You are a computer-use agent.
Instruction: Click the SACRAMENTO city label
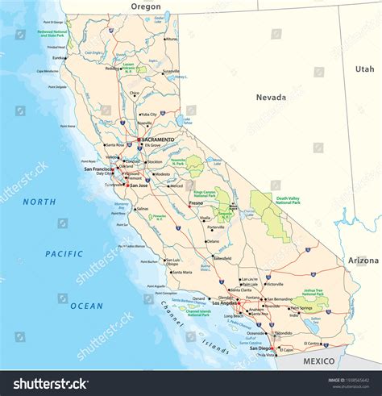(x=158, y=140)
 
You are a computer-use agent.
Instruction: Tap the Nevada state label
(x=271, y=98)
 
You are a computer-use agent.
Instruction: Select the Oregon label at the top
(x=146, y=6)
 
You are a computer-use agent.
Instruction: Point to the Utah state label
(x=364, y=69)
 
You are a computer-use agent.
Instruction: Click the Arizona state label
(x=363, y=261)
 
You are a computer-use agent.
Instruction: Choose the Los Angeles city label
(x=226, y=303)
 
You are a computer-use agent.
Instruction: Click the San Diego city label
(x=263, y=348)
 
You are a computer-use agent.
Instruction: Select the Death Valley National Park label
(x=293, y=200)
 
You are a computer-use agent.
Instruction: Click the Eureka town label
(x=59, y=58)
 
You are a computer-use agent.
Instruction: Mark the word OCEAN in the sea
(x=86, y=306)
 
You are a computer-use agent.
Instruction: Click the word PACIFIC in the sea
(x=64, y=254)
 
